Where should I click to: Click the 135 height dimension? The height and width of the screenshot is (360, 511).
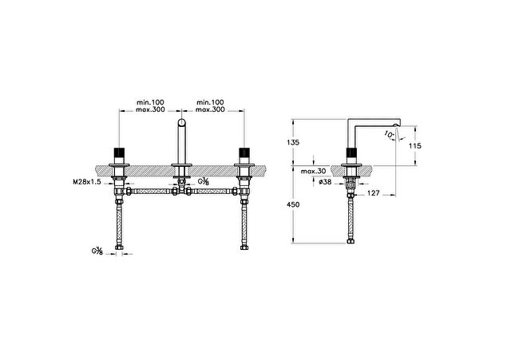tap(293, 142)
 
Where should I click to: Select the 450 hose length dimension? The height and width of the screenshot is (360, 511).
tap(293, 204)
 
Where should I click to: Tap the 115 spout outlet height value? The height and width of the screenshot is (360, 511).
tap(415, 145)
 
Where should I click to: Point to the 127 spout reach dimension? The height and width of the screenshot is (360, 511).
tap(373, 193)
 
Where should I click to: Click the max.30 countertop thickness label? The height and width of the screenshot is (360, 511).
tap(313, 172)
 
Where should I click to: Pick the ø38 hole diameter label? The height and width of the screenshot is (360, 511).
tap(325, 182)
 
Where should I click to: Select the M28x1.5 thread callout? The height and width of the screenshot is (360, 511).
tap(87, 182)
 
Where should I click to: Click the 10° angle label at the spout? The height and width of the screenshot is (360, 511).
tap(389, 134)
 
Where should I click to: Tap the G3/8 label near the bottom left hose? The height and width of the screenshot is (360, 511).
tap(97, 251)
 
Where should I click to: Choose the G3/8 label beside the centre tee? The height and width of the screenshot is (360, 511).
tap(204, 181)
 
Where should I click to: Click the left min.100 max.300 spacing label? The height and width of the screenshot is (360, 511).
tap(150, 106)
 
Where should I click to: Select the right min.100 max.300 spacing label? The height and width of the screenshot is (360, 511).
tap(210, 106)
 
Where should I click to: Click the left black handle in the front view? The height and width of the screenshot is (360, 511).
tap(119, 152)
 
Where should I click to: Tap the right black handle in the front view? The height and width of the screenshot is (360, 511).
tap(244, 152)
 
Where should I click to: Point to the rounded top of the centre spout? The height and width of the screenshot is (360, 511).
tap(181, 122)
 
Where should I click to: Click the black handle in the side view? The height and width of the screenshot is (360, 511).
tap(351, 152)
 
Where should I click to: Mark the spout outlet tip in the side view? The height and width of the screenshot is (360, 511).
tap(396, 125)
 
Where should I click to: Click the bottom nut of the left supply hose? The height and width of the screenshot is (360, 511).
tap(119, 247)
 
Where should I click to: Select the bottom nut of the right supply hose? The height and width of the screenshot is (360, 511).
tap(244, 247)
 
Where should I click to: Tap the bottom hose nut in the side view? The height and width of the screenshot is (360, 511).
tap(351, 241)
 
